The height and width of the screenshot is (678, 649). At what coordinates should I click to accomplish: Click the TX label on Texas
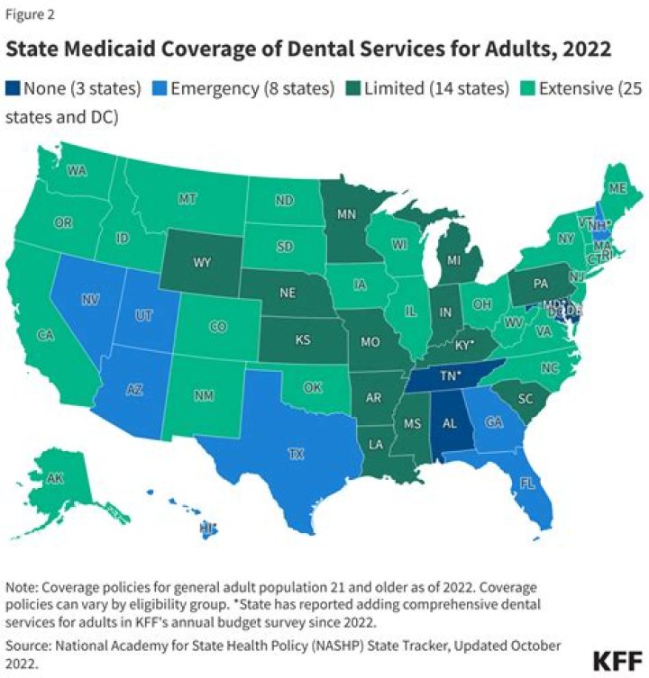coord(296,455)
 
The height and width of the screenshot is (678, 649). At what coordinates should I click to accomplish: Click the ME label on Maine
coord(617,188)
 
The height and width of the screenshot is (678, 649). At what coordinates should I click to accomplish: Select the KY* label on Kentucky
coord(463,345)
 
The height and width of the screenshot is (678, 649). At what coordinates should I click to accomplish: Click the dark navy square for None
coord(14,89)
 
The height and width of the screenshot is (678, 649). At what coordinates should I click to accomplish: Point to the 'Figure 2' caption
coord(29,14)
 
